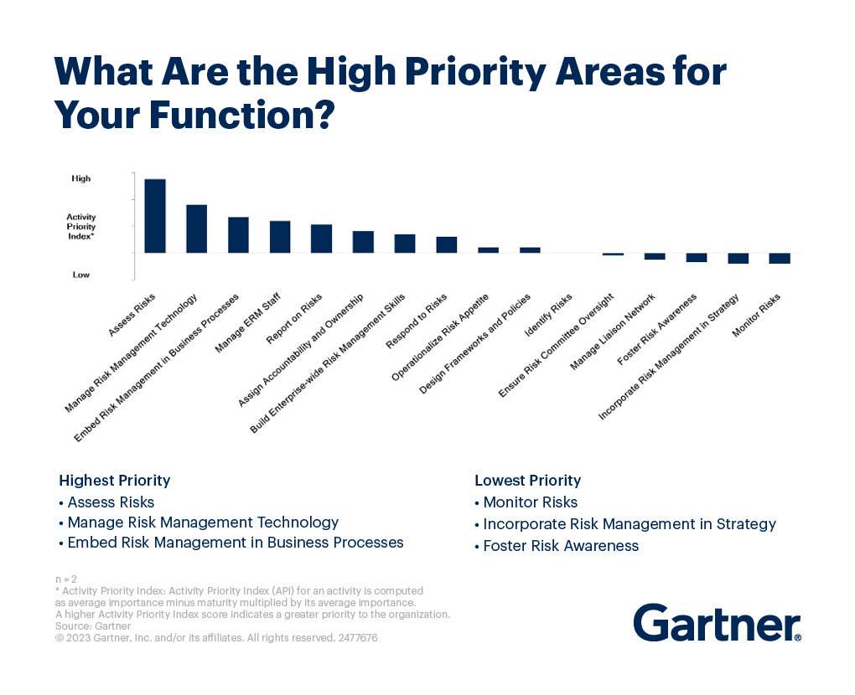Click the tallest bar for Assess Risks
(155, 216)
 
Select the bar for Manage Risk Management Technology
(197, 229)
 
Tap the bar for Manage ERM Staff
(280, 237)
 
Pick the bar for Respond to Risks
(447, 245)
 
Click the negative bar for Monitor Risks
(780, 258)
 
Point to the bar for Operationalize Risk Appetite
(488, 250)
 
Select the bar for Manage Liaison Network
(655, 256)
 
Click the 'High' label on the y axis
(81, 178)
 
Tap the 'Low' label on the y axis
(81, 275)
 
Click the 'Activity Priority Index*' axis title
(81, 227)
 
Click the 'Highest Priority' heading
(115, 481)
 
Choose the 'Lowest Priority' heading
(528, 481)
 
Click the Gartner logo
(718, 622)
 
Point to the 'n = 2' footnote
(66, 579)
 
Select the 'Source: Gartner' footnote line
(93, 626)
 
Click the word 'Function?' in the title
(241, 115)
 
